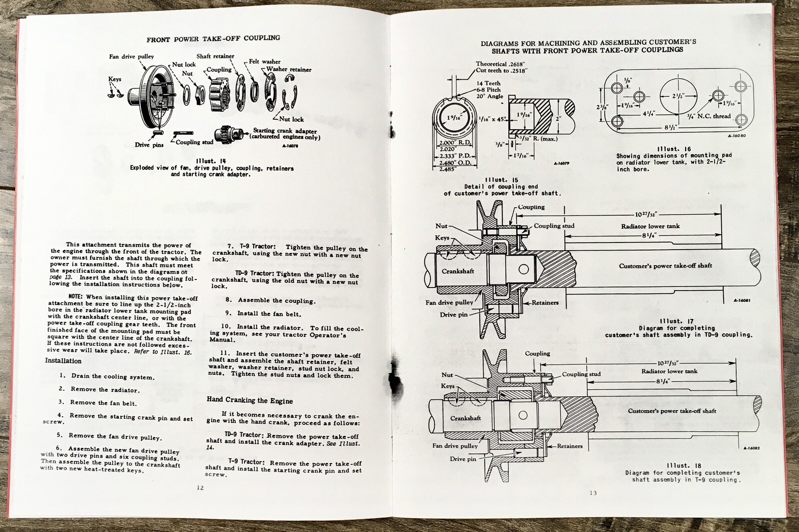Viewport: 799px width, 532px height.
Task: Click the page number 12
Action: pyautogui.click(x=200, y=488)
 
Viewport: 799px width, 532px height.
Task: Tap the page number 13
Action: pyautogui.click(x=593, y=493)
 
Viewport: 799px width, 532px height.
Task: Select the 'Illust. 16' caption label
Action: pyautogui.click(x=674, y=149)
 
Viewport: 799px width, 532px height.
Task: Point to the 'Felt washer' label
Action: pyautogui.click(x=265, y=61)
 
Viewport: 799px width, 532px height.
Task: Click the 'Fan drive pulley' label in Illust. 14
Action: pyautogui.click(x=131, y=56)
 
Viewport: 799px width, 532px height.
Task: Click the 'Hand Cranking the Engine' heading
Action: pyautogui.click(x=250, y=401)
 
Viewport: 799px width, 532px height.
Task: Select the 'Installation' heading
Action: pyautogui.click(x=63, y=361)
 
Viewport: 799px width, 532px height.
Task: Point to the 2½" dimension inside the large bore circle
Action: pyautogui.click(x=678, y=96)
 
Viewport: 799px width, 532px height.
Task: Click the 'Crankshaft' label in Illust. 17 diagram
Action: pyautogui.click(x=457, y=271)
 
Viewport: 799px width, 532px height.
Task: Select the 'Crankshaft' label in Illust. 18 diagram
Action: pyautogui.click(x=465, y=418)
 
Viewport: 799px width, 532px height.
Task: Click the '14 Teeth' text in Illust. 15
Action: pyautogui.click(x=488, y=83)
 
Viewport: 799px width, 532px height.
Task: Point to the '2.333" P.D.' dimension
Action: pyautogui.click(x=454, y=156)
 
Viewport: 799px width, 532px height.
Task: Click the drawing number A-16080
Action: pyautogui.click(x=737, y=135)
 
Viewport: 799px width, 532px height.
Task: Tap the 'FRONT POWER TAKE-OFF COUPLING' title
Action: pyautogui.click(x=213, y=38)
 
